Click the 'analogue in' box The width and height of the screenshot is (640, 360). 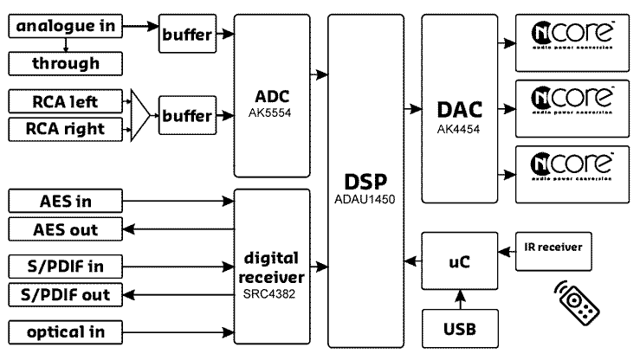pos(64,27)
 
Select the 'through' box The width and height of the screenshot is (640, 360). pos(64,63)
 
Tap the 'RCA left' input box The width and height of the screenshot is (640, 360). pos(64,102)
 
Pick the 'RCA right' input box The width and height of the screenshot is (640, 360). pos(64,129)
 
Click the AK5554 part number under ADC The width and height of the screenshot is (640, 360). pos(272,111)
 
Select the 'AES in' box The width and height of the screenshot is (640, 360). pos(64,202)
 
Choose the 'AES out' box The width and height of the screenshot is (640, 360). pos(64,229)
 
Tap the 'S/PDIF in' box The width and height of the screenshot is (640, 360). pos(64,264)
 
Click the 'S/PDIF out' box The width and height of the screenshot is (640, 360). pos(64,294)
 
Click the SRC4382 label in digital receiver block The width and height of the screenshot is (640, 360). pos(272,295)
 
